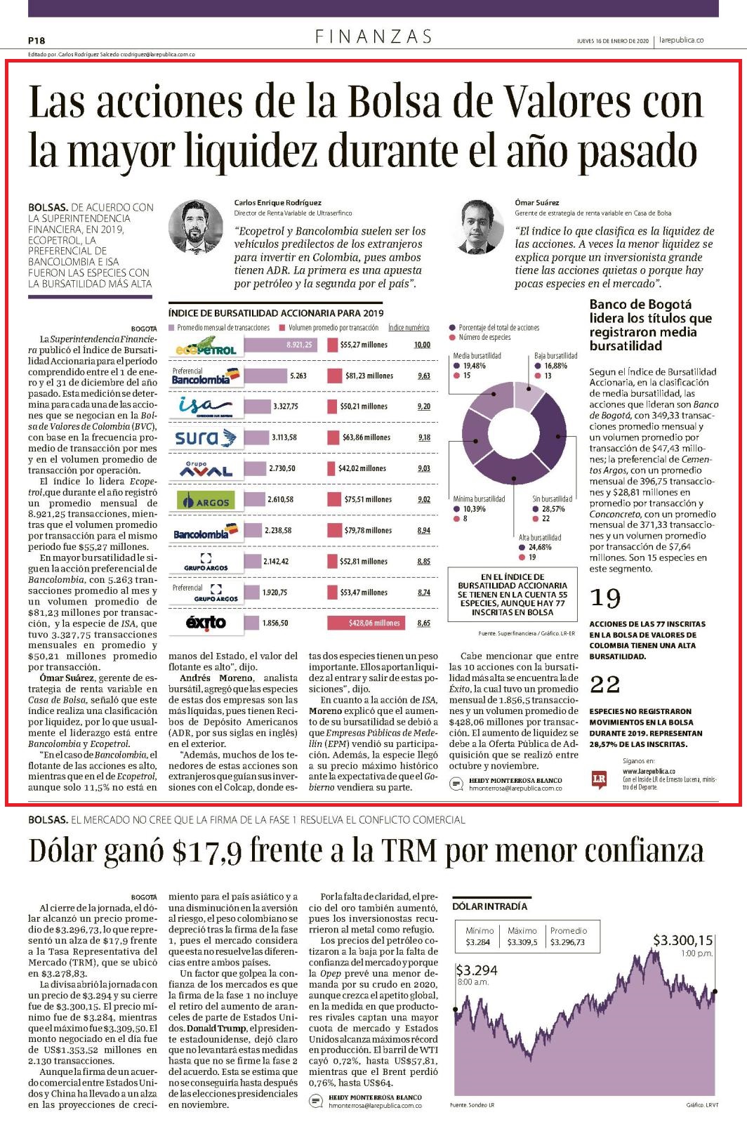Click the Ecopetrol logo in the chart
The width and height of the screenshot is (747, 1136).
(x=206, y=345)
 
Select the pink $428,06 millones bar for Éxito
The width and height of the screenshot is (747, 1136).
(x=366, y=623)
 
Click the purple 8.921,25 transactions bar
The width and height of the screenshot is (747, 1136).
(x=281, y=345)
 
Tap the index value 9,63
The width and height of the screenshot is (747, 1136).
(x=424, y=376)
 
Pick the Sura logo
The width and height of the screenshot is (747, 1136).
(x=206, y=437)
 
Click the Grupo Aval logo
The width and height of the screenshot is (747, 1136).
(x=206, y=469)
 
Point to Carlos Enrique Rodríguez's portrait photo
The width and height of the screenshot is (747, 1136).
(x=196, y=227)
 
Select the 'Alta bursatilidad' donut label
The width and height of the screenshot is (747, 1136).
(x=540, y=538)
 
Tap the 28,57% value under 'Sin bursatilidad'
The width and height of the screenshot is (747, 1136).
(x=553, y=509)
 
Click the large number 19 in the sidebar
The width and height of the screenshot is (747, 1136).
(x=605, y=598)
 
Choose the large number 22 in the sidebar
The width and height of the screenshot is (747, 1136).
(x=605, y=685)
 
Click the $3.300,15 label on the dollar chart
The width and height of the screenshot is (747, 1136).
(x=682, y=941)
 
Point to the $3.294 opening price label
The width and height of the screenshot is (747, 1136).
(x=477, y=971)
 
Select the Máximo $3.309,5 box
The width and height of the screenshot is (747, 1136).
(x=522, y=936)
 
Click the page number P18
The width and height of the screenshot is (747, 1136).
(x=37, y=41)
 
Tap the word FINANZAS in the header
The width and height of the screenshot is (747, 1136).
(x=373, y=37)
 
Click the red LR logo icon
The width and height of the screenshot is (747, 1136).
(x=600, y=779)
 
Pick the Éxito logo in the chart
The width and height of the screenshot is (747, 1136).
(x=206, y=623)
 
